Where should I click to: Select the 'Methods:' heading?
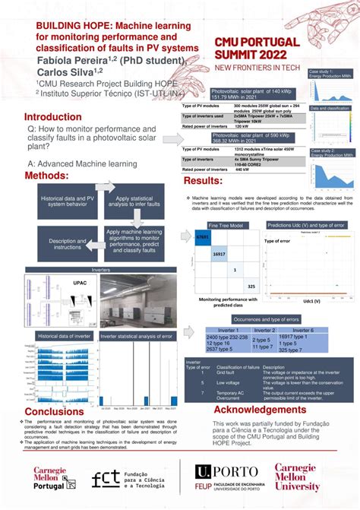click(x=52, y=176)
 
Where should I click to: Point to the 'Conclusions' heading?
click(x=54, y=411)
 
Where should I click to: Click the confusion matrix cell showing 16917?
click(x=219, y=254)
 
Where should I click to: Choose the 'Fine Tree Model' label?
click(x=226, y=226)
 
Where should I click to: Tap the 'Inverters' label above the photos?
click(x=101, y=269)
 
